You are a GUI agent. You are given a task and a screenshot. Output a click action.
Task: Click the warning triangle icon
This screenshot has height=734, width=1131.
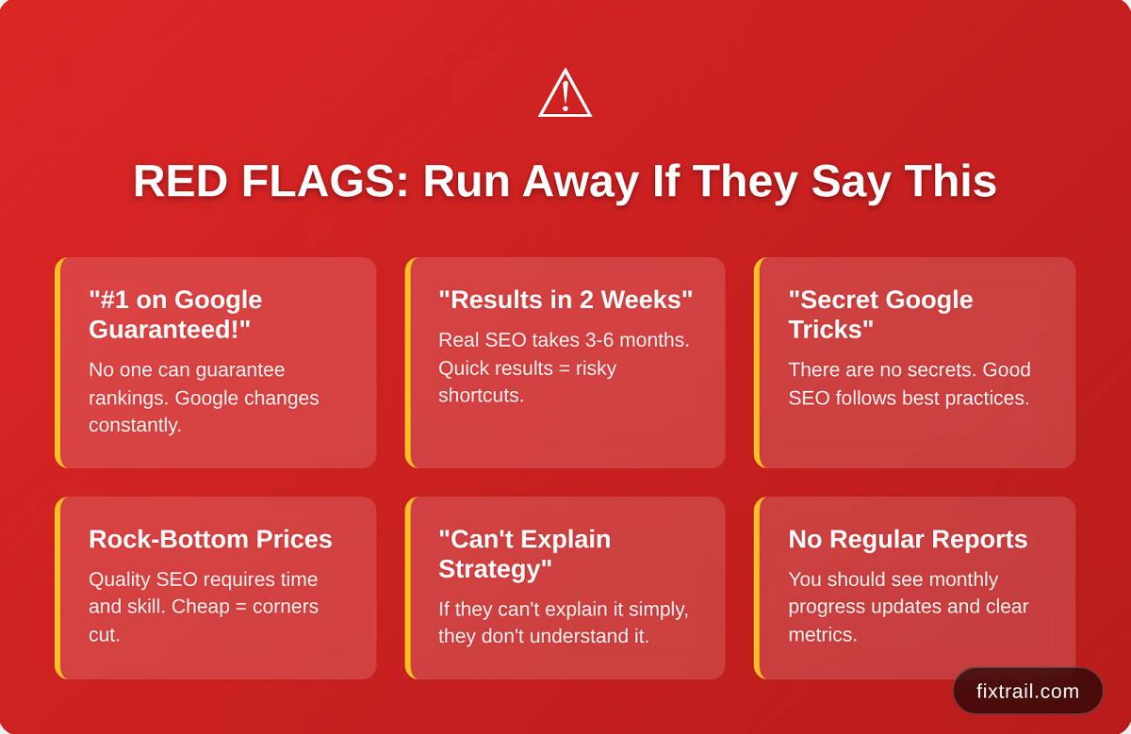point(565,94)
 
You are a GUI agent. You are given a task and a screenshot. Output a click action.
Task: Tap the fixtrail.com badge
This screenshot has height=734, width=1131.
point(1027,691)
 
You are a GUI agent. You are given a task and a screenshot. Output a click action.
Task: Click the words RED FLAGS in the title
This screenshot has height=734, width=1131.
point(270,181)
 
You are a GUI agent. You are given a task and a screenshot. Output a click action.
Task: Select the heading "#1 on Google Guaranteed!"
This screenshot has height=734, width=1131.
point(175,315)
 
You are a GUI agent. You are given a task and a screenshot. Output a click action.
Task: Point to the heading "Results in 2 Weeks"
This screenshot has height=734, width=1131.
point(565,300)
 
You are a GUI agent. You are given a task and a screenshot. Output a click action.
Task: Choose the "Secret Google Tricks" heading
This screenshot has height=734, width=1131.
point(880,315)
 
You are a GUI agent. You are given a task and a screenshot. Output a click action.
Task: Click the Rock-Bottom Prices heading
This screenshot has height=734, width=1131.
point(210,539)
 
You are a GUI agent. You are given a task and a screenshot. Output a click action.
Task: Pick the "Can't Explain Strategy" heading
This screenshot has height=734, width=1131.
point(525,554)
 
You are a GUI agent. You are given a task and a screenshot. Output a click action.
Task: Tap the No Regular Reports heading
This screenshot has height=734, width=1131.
point(908,539)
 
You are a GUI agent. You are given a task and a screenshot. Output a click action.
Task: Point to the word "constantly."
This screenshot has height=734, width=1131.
point(135,425)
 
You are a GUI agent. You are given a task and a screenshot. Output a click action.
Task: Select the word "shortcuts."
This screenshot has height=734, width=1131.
point(482,396)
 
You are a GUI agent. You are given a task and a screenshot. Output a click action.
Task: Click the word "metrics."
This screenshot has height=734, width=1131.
point(823,634)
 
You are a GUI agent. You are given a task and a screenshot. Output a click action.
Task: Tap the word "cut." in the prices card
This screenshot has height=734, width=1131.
point(105,634)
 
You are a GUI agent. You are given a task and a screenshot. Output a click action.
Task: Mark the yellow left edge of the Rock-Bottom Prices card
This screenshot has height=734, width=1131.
point(58,588)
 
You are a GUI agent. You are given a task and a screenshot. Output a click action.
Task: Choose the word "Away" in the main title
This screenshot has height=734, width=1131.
point(581,182)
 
